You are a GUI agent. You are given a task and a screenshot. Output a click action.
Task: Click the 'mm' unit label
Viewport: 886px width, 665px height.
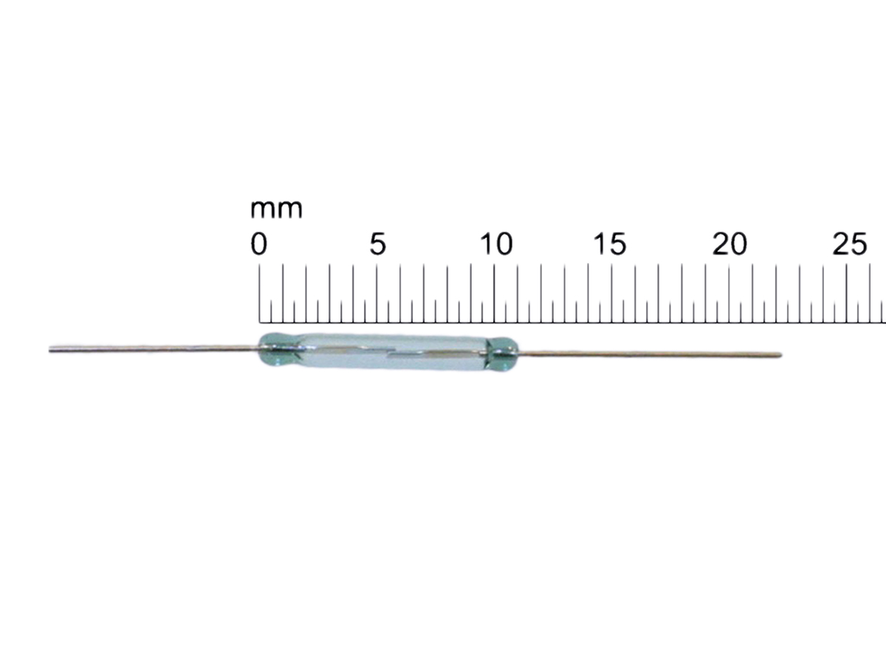tap(276, 209)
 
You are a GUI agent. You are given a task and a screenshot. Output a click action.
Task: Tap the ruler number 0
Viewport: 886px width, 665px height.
tap(258, 244)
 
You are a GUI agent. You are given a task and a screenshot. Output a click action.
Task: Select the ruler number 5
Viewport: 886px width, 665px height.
tap(377, 244)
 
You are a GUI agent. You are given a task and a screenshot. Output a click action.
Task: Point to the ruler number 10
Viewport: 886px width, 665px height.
tap(496, 244)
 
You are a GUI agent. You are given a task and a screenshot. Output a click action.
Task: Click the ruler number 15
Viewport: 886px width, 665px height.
tap(610, 244)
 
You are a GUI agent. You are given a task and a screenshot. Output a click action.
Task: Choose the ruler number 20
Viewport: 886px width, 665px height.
tap(729, 244)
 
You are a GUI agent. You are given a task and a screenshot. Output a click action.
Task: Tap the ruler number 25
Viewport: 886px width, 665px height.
tap(850, 244)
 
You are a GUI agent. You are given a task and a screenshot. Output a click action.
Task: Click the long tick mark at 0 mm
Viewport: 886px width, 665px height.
tap(259, 293)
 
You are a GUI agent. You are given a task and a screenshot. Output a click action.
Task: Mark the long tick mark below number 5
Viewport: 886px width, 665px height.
tap(377, 293)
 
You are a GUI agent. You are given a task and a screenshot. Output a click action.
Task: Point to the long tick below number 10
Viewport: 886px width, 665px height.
tap(494, 293)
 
